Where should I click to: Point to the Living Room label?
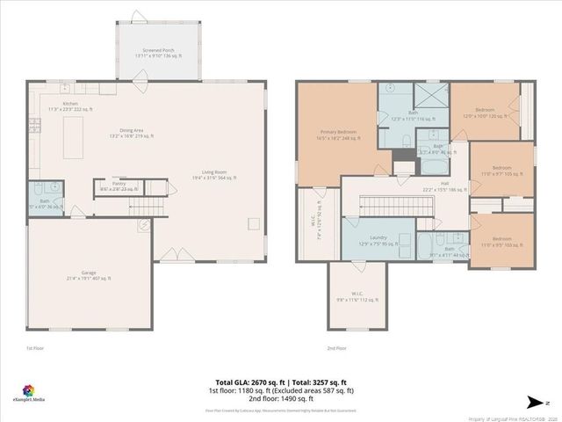pos(214,175)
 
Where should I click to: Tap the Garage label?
pos(89,275)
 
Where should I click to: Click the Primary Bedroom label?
pos(337,135)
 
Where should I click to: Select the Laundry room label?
pos(380,240)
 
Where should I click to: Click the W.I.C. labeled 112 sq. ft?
pos(357,296)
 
